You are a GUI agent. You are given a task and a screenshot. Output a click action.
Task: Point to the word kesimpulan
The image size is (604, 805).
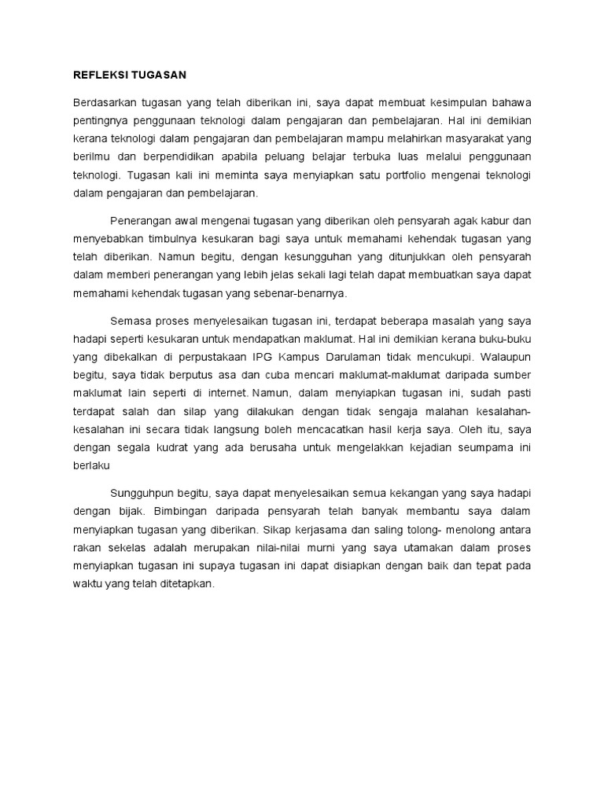(x=451, y=104)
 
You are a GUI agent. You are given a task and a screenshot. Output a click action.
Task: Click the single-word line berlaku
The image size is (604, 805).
(x=91, y=464)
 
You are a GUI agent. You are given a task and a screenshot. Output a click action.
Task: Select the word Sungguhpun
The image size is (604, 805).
(x=146, y=492)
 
